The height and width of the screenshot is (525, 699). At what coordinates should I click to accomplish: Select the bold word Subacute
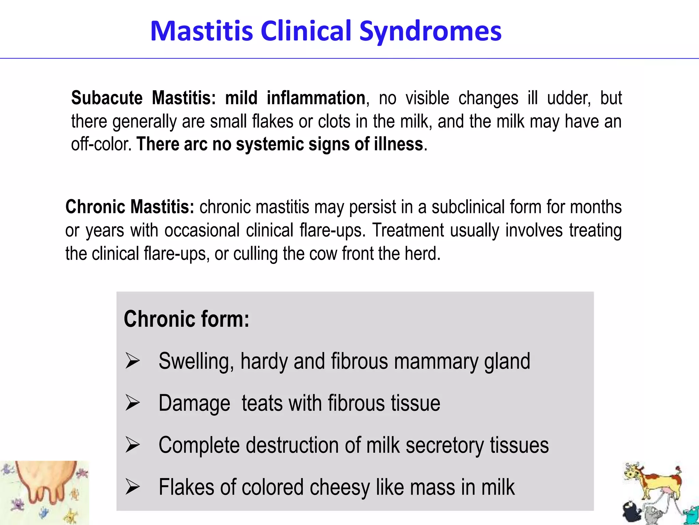tap(107, 98)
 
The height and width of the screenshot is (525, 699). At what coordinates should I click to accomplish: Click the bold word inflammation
tap(316, 98)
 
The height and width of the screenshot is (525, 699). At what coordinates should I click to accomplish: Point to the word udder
tap(569, 98)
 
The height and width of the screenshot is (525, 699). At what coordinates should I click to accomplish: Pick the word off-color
tap(101, 144)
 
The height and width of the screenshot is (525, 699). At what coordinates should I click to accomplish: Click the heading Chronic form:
tap(186, 319)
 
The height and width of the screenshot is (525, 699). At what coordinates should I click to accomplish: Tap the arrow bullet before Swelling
tap(132, 361)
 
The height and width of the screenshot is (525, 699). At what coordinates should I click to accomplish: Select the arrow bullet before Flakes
tap(132, 487)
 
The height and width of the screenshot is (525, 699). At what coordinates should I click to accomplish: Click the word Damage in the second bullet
tap(194, 403)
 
